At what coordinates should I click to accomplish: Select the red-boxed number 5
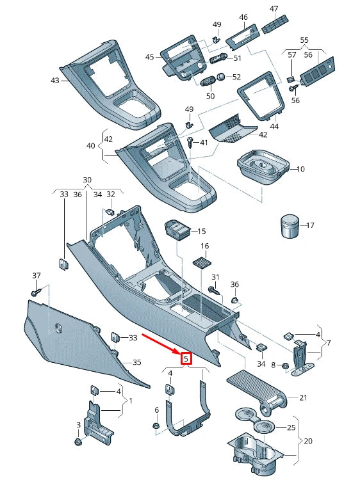coord(186,359)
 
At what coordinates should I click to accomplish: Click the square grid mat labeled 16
coord(204,264)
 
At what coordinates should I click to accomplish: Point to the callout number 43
coord(54,81)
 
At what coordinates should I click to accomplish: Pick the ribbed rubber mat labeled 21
coord(259,388)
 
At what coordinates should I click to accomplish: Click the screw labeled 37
coord(35,292)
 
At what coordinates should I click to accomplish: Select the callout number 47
coord(274,8)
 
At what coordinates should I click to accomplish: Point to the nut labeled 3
coord(78,442)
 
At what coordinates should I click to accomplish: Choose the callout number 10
coord(300,169)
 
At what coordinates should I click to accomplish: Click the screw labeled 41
coord(191,142)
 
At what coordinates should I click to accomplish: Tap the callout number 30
coord(87,180)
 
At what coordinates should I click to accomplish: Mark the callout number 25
coord(291,427)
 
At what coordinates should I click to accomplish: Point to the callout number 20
coord(308,441)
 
